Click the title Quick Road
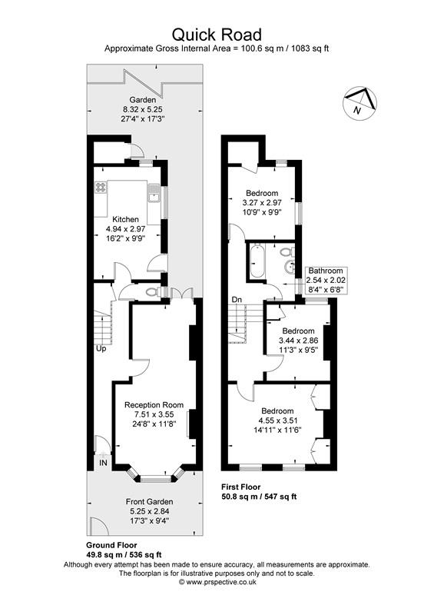217,34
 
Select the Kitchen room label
125,219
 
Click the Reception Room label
154,405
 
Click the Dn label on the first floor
237,299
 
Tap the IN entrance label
103,463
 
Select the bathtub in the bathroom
257,261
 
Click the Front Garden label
150,502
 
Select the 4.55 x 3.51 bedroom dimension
276,421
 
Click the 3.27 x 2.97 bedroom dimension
263,202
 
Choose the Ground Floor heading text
111,545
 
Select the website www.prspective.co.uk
217,582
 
